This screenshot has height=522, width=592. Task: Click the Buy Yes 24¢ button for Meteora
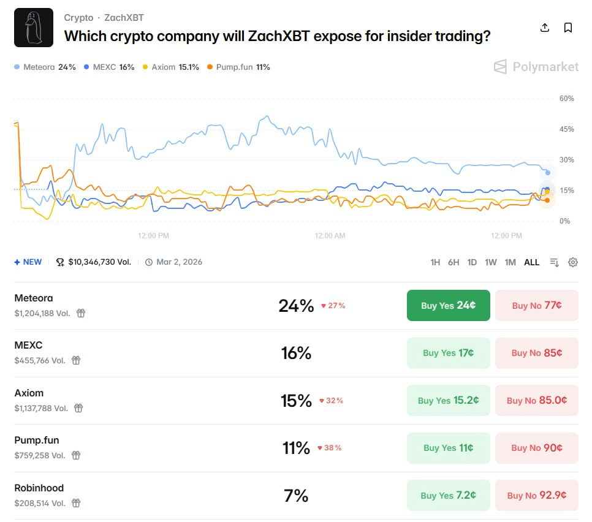(448, 305)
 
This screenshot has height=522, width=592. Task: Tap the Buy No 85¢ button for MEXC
(536, 353)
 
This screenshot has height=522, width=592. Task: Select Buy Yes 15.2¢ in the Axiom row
(448, 400)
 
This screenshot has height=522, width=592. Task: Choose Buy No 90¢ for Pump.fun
(536, 448)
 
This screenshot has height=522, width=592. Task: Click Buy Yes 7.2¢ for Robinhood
(448, 495)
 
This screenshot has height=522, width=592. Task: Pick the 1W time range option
(491, 262)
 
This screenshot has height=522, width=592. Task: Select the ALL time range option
(531, 262)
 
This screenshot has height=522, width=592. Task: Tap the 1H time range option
(435, 262)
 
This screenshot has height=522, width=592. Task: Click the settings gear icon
(573, 262)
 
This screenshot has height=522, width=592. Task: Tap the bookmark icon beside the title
(568, 28)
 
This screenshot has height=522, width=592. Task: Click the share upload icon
(544, 28)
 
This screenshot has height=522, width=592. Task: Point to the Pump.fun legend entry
(239, 67)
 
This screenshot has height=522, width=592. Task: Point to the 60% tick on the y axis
(566, 99)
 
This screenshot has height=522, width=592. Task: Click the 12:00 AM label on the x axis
(330, 235)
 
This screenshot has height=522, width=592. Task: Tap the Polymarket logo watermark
(536, 67)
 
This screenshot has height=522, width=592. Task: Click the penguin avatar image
(34, 28)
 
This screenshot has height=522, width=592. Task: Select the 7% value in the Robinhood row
(296, 495)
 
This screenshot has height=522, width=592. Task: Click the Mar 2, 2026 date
(179, 262)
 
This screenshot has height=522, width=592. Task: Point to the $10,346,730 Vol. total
(99, 262)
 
